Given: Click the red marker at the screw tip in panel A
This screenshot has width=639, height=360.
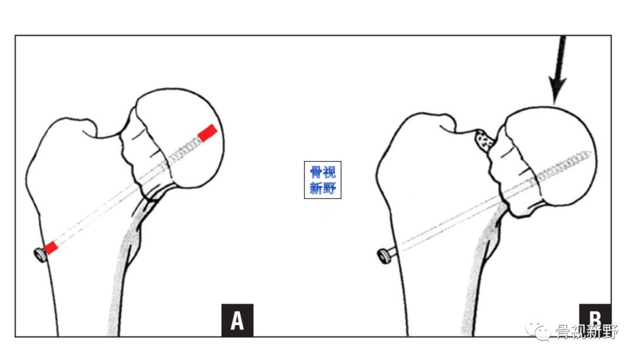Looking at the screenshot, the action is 208,133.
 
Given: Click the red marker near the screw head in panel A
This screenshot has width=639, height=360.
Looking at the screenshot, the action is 50,247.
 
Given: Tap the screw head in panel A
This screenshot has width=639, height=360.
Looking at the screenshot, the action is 40,255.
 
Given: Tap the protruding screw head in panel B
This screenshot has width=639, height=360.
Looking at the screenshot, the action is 385,256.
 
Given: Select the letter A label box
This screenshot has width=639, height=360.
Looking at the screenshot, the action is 237,320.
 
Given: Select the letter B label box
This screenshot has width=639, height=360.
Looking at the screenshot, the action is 595,316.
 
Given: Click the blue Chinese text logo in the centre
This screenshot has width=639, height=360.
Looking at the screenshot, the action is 323,180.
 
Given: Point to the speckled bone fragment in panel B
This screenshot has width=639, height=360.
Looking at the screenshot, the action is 485,141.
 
